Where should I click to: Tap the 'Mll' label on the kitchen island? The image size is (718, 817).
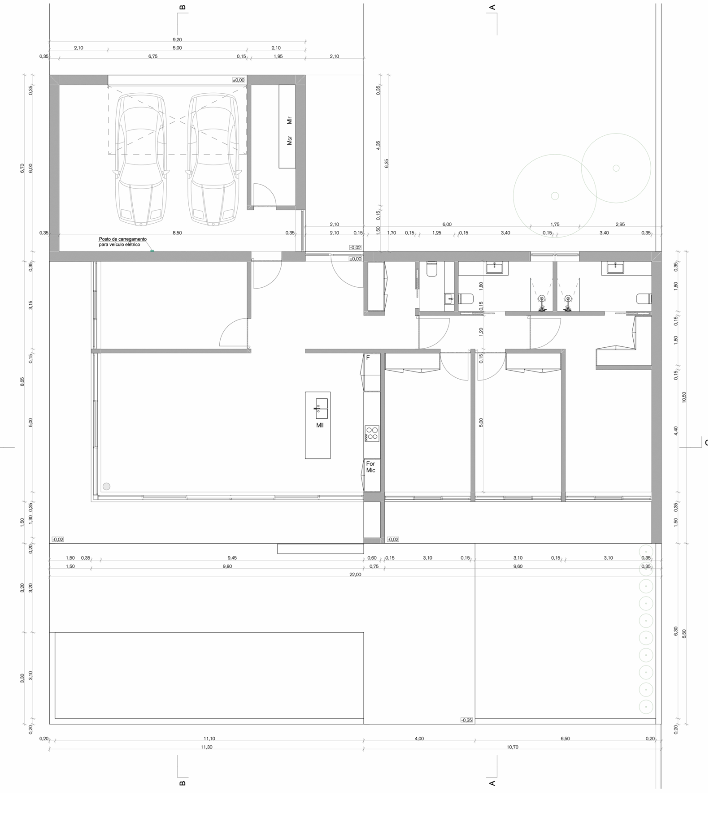point(320,425)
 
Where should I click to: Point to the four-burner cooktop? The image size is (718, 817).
point(372,433)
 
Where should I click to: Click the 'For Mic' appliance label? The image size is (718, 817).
point(370,467)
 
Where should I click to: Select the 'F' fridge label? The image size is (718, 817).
point(368,358)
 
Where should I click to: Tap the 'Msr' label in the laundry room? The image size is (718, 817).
point(290,140)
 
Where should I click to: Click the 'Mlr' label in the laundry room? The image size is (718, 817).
point(290,120)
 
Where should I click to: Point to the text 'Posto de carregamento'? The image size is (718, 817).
point(123,239)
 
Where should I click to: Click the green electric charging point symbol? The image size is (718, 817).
point(152,251)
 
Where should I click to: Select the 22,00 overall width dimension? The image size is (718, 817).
point(355,575)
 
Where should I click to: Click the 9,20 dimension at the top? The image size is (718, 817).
point(177,40)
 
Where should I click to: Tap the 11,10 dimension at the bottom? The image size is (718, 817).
point(209,739)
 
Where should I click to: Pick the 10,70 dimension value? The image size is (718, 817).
point(512,747)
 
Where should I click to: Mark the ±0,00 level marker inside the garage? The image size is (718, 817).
point(239,80)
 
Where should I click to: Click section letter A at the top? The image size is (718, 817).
point(492,7)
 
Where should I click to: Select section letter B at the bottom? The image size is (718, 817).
point(182,783)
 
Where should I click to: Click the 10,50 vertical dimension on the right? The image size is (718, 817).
point(684,397)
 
